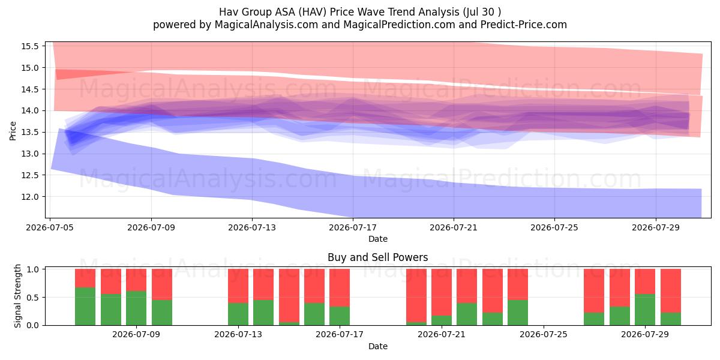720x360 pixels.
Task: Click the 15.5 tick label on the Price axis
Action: [x=29, y=46]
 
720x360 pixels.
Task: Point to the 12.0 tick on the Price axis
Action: [x=29, y=197]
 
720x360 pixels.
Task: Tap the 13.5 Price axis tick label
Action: [x=29, y=132]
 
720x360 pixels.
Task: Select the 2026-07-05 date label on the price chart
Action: [x=50, y=227]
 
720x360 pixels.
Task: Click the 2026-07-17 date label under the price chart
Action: [x=353, y=227]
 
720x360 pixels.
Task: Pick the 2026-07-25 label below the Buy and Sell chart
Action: [x=544, y=334]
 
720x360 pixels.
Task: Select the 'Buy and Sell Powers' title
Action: [x=377, y=257]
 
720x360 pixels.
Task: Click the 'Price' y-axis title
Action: [x=13, y=131]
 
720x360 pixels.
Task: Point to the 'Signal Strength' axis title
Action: [x=17, y=296]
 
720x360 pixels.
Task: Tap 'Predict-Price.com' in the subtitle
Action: [x=524, y=25]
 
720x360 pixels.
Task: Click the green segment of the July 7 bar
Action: [x=85, y=307]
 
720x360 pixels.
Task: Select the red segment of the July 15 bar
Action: [x=289, y=296]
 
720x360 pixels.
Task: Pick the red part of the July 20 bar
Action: [x=416, y=296]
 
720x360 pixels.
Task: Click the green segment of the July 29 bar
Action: [x=645, y=310]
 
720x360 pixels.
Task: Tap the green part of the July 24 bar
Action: [x=518, y=313]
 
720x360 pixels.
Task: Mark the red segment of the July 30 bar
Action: [x=671, y=291]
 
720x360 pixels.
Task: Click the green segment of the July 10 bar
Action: [x=162, y=313]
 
